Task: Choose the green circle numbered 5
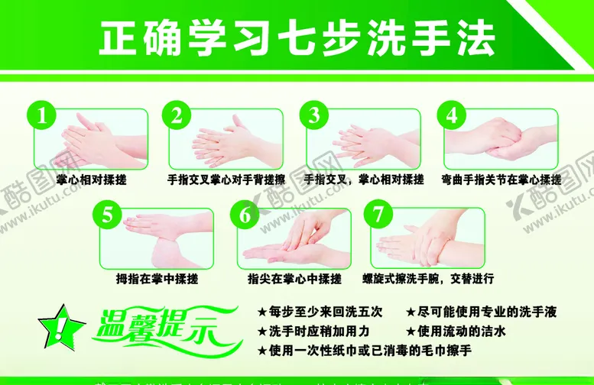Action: (x=108, y=215)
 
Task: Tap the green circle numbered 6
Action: (x=245, y=215)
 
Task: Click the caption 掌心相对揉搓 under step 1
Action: (x=91, y=180)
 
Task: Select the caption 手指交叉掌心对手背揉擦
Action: (x=226, y=180)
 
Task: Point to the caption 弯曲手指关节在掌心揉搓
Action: (x=501, y=180)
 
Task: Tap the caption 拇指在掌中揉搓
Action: (x=157, y=279)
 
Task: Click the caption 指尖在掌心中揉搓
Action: (x=294, y=279)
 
